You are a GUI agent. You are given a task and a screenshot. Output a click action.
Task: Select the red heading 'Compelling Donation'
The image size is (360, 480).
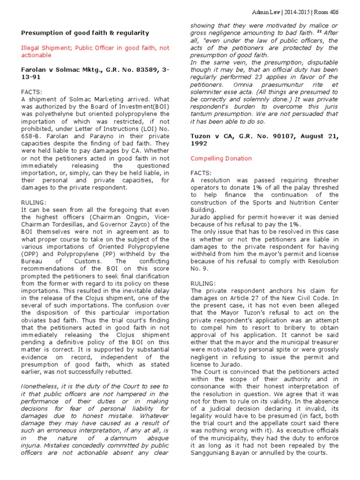click(x=221, y=159)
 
